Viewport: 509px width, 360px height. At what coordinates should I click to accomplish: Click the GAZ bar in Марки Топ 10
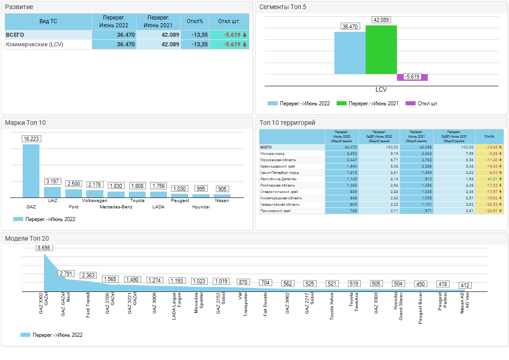[31, 170]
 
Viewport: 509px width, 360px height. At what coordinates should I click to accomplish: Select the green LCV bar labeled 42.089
[381, 50]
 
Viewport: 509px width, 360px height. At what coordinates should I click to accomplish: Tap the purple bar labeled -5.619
[412, 77]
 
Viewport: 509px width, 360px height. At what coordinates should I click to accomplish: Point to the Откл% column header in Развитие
[195, 22]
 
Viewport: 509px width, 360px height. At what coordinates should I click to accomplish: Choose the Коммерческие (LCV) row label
[34, 44]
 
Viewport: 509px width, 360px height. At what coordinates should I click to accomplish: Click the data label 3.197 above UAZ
[53, 182]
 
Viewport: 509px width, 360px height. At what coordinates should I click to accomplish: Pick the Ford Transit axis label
[88, 305]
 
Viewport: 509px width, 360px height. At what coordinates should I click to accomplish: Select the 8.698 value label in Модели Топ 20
[44, 248]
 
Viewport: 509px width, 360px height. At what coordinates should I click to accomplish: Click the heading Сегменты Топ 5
[283, 7]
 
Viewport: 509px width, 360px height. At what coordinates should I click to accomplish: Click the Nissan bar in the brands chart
[222, 196]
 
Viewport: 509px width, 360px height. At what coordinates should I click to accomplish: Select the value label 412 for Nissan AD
[465, 286]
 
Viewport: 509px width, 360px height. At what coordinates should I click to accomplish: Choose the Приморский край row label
[275, 211]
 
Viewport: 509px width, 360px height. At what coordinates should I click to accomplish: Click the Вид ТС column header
[48, 22]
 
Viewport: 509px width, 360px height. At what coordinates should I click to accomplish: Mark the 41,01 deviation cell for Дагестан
[489, 179]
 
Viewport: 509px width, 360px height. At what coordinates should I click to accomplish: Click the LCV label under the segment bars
[381, 90]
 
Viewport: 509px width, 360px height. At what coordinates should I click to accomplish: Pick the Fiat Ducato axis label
[265, 304]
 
